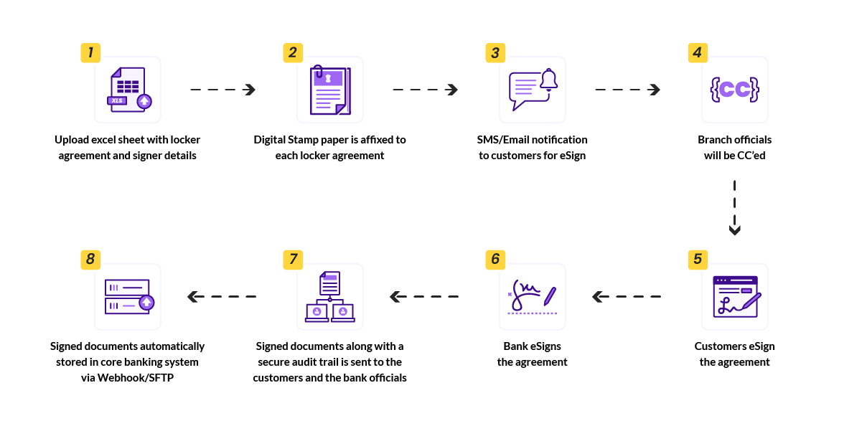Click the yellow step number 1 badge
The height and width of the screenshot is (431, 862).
tap(90, 52)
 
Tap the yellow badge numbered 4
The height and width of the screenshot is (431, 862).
tap(698, 52)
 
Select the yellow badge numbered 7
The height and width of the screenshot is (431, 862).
tap(293, 259)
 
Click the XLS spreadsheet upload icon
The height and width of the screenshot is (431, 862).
tap(128, 90)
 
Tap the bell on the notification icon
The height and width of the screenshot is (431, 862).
tap(549, 80)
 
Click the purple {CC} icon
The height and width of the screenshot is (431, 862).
tap(734, 89)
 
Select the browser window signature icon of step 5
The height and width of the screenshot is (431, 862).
tap(735, 296)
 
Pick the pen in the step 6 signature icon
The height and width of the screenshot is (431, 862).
tap(551, 295)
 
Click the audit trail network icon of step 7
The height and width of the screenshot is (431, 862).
tap(330, 296)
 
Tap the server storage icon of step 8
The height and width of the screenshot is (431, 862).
tap(128, 296)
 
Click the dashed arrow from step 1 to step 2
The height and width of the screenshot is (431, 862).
tap(222, 90)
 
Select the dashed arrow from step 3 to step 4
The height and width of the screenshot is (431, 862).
tap(627, 90)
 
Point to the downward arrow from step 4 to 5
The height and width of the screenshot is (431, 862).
tap(734, 208)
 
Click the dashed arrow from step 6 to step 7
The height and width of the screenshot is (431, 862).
tap(424, 296)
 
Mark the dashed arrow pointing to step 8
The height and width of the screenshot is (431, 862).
tap(222, 296)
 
